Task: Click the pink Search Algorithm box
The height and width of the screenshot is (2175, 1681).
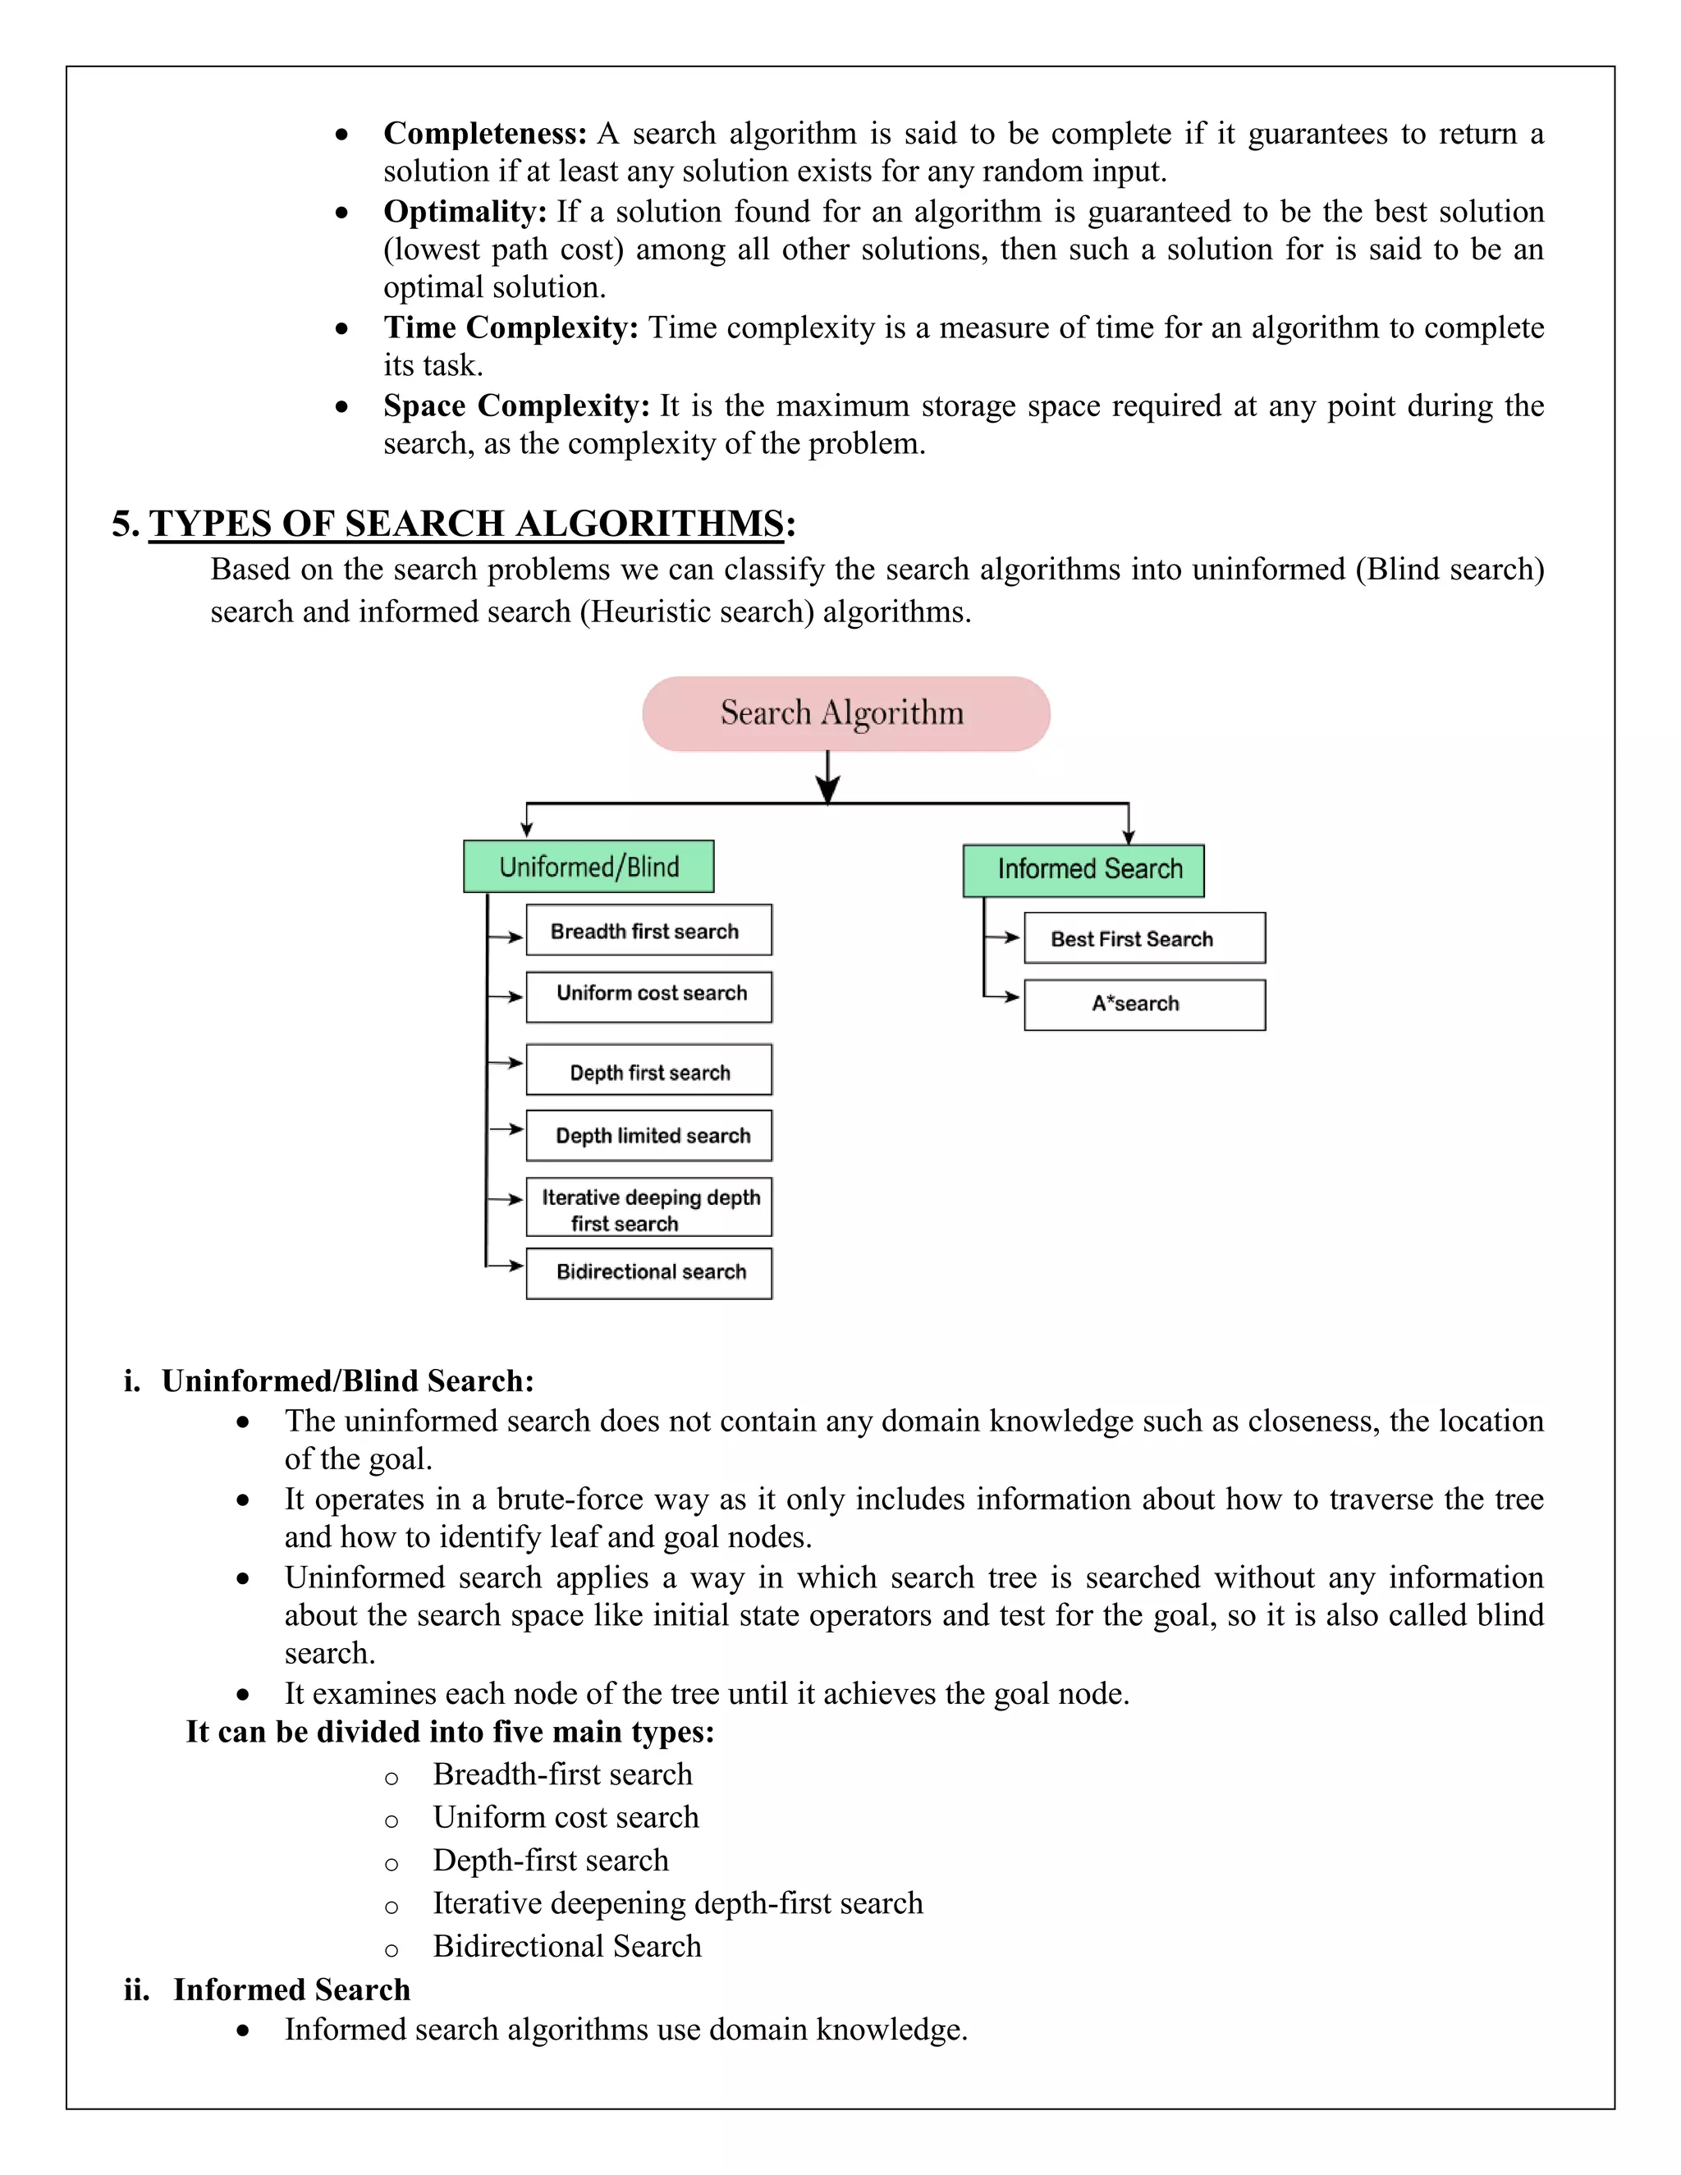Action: point(845,713)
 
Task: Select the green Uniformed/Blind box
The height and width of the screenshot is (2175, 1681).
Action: point(589,867)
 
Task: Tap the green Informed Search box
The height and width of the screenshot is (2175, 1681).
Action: point(1083,869)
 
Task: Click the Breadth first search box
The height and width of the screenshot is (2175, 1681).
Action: point(648,930)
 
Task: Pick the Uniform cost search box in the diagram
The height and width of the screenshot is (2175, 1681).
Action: point(648,996)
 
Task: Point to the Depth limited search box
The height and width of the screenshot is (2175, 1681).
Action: point(648,1135)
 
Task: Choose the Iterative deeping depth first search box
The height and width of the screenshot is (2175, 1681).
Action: point(648,1208)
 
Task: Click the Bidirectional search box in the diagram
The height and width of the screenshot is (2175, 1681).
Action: point(648,1273)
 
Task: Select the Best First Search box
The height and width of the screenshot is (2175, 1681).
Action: point(1144,938)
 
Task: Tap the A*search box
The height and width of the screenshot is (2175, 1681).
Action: point(1144,1004)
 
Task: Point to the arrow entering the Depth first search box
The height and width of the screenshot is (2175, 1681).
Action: point(507,1063)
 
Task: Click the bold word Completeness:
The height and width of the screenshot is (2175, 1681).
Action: point(485,134)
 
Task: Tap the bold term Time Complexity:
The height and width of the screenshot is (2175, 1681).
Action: point(511,327)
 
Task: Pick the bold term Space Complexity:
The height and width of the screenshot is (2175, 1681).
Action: point(515,406)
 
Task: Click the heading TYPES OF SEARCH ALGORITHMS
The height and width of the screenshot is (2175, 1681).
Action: point(466,524)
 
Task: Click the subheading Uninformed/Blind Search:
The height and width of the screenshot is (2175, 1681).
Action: point(347,1381)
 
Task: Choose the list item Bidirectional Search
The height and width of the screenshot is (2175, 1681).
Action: point(566,1946)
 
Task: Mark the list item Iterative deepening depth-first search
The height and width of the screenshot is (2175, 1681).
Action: point(677,1903)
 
